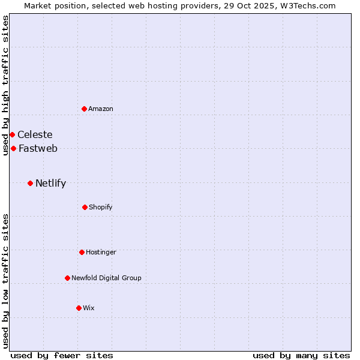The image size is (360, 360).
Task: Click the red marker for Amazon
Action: [85, 109]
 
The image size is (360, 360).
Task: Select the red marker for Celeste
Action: [12, 134]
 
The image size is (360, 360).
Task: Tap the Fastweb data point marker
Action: [13, 148]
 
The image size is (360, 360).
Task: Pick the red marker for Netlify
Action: [30, 183]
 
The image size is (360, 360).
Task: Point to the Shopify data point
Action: [85, 207]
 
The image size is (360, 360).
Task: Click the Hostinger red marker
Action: [82, 252]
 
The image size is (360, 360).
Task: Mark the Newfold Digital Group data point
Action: [67, 278]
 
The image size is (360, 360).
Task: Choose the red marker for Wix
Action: [79, 308]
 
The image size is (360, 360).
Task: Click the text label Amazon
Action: [101, 109]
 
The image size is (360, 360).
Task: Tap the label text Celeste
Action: [35, 134]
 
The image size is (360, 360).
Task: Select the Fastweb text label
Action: [38, 148]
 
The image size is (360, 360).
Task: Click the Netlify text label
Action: [50, 183]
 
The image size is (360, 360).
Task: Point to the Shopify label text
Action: [101, 207]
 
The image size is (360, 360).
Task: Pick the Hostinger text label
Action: [101, 252]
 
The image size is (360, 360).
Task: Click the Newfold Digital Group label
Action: [106, 278]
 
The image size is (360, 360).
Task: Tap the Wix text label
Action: [89, 308]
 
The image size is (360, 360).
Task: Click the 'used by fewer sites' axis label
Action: [62, 355]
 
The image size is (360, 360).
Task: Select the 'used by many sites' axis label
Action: [301, 355]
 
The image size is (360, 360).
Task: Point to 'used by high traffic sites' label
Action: [5, 85]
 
